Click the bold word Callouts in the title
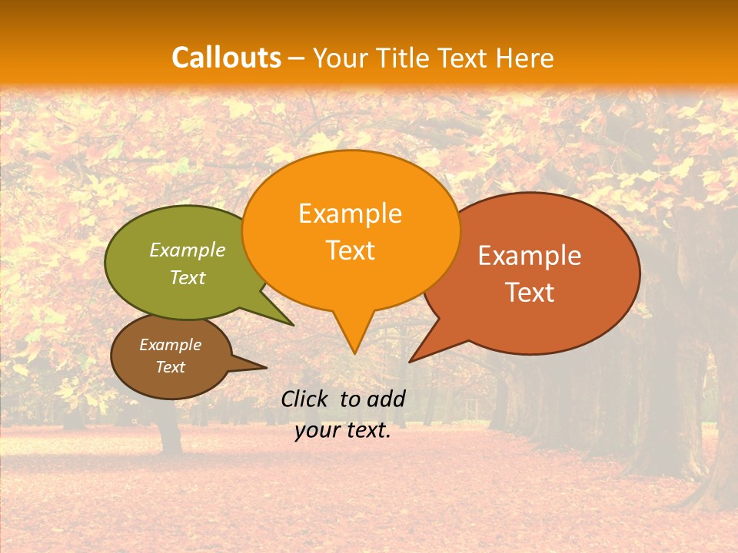[x=226, y=58]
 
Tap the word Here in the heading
[x=525, y=58]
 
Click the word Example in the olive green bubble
[x=188, y=250]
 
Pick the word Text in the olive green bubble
[x=188, y=277]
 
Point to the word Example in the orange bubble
[x=350, y=214]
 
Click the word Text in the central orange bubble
[x=350, y=250]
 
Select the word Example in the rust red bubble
[x=530, y=256]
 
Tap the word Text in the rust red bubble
[x=530, y=293]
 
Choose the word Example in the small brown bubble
[x=170, y=345]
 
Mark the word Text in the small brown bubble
[x=170, y=367]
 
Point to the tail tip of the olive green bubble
[x=293, y=325]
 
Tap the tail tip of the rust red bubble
[x=411, y=361]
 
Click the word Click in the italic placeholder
[x=304, y=399]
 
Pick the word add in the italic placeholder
[x=386, y=399]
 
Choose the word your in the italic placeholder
[x=317, y=431]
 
